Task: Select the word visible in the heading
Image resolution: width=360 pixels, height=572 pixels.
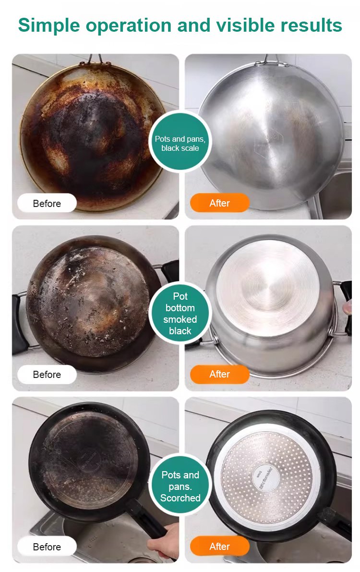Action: (245, 25)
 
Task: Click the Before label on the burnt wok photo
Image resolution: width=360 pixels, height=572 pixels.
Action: (47, 203)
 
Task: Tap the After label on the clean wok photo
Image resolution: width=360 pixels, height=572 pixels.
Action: (219, 203)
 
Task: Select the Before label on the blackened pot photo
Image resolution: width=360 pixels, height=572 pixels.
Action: (47, 374)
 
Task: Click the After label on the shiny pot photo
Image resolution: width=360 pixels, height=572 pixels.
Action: (219, 374)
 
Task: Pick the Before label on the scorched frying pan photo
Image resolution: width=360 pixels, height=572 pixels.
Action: (47, 547)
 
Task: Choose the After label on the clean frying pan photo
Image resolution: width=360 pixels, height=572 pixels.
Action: (219, 546)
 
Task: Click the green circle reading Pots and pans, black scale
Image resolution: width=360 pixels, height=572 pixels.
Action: (180, 142)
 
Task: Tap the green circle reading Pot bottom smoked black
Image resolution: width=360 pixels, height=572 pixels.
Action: (180, 313)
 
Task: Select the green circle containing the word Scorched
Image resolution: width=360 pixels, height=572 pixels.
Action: (180, 485)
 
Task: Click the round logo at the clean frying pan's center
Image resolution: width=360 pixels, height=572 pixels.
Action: (266, 478)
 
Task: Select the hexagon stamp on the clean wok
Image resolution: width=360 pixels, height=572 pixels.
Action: (268, 143)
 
